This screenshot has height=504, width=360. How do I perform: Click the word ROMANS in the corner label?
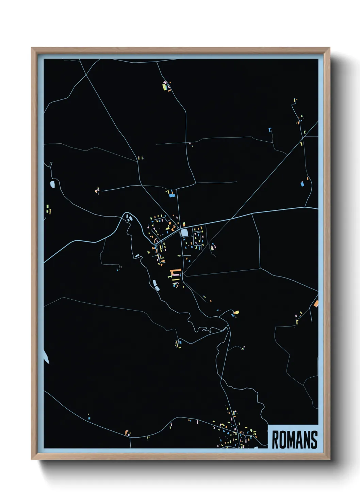(294, 440)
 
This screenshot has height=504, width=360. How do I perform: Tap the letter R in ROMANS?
(275, 440)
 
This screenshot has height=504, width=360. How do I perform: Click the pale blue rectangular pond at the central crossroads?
(184, 233)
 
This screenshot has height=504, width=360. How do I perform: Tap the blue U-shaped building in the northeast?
(270, 130)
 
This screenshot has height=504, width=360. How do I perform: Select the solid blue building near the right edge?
(302, 184)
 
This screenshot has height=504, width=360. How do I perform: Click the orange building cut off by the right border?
(316, 303)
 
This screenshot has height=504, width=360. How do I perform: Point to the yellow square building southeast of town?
(236, 312)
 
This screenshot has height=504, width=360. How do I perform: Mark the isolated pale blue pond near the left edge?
(52, 184)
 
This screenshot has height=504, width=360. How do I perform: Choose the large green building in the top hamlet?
(165, 87)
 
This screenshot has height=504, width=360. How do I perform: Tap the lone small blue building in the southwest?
(89, 418)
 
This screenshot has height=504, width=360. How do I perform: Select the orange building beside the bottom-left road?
(127, 433)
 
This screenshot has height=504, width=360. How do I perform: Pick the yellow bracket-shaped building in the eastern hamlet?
(297, 321)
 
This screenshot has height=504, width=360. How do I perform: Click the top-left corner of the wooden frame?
(32, 48)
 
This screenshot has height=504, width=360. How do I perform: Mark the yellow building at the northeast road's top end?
(295, 100)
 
